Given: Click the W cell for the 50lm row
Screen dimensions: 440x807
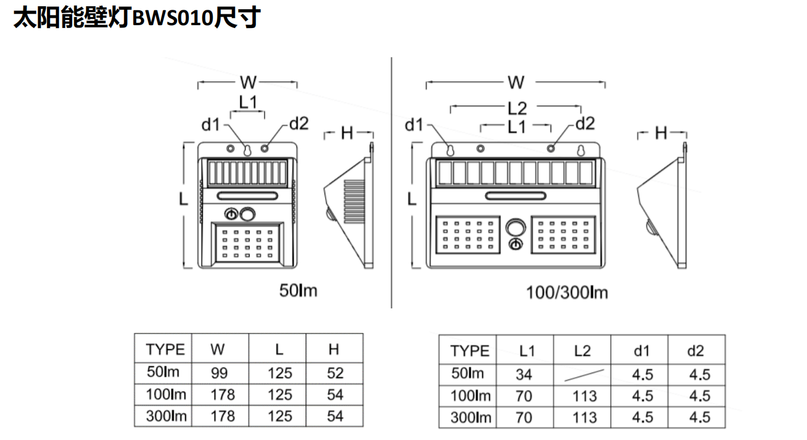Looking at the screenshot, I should [219, 373].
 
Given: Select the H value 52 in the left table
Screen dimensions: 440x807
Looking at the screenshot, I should [335, 373].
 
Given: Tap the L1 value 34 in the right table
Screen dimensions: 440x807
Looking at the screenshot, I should [524, 374].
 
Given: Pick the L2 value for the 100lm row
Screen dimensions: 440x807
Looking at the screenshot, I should [584, 396].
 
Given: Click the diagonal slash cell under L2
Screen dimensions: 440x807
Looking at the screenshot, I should [583, 374].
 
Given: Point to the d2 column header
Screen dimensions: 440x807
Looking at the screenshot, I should [695, 351].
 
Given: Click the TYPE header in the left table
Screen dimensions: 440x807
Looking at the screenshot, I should [165, 349].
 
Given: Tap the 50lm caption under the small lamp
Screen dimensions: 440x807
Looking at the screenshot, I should [298, 291].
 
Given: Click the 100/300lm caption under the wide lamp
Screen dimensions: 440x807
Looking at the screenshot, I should [567, 293].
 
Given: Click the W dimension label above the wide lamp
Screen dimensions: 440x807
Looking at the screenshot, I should [516, 83].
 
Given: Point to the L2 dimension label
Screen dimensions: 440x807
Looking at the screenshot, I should [517, 108].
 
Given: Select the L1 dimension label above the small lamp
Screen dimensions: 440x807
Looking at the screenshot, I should [248, 102].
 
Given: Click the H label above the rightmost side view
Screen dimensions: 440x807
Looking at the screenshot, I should [661, 133].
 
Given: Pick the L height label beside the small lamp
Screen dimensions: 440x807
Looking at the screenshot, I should [183, 199].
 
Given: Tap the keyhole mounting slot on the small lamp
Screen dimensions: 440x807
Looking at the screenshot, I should [247, 150].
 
